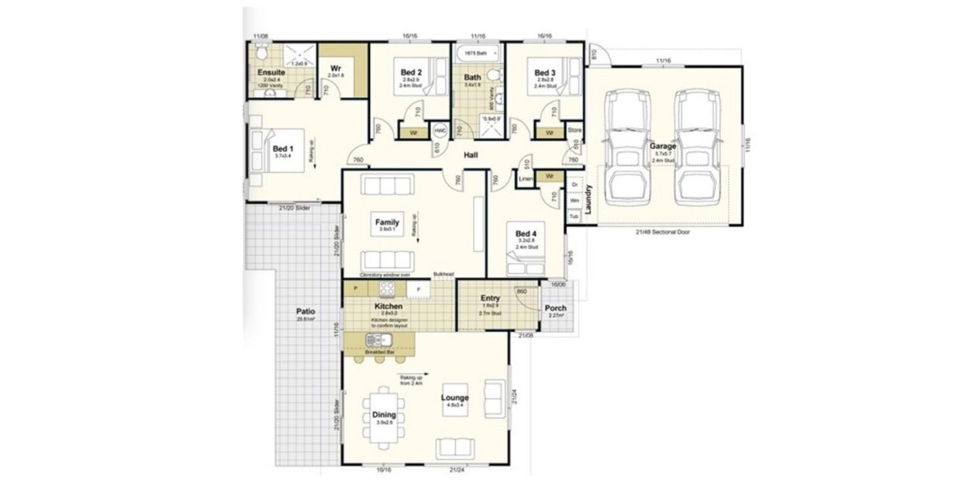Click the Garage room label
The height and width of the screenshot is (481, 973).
pyautogui.click(x=663, y=145)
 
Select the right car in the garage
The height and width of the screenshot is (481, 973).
pyautogui.click(x=694, y=147)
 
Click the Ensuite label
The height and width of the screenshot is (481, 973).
pyautogui.click(x=271, y=72)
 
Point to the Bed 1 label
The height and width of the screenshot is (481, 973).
pyautogui.click(x=282, y=148)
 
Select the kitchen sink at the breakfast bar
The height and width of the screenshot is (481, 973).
pyautogui.click(x=380, y=340)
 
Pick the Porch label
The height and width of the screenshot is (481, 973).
pyautogui.click(x=555, y=308)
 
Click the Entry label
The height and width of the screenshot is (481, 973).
pyautogui.click(x=490, y=298)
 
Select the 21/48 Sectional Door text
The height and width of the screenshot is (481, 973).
pyautogui.click(x=661, y=231)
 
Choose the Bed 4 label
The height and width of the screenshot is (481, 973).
pyautogui.click(x=526, y=234)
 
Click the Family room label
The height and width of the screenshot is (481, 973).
pyautogui.click(x=387, y=222)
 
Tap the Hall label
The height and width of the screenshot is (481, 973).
pyautogui.click(x=470, y=155)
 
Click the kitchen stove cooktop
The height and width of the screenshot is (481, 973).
pyautogui.click(x=388, y=289)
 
